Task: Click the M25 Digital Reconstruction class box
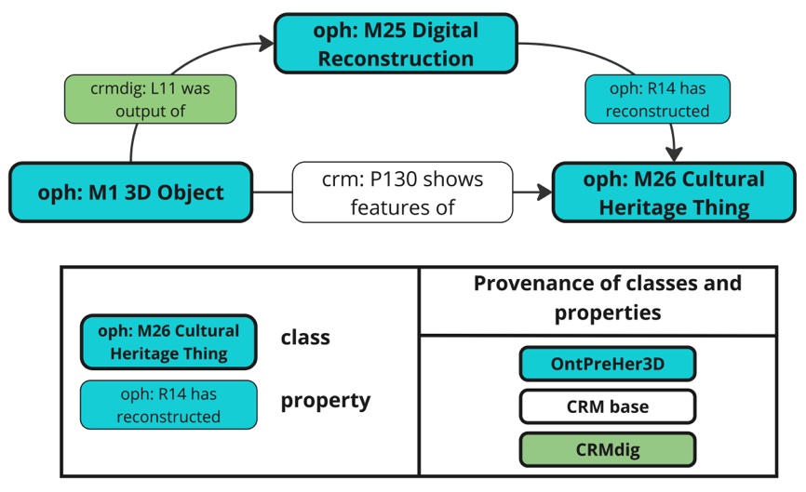(396, 44)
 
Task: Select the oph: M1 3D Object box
(130, 193)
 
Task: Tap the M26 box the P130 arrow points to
(674, 193)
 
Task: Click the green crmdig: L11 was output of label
(150, 100)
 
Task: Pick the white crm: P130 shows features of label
(402, 193)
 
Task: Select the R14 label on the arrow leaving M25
(657, 100)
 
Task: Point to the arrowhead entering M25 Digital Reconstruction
(267, 43)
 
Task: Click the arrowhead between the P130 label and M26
(544, 193)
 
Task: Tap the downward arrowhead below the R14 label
(674, 154)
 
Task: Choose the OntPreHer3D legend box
(608, 364)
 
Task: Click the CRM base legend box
(608, 406)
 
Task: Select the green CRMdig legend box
(608, 450)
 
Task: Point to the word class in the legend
(305, 338)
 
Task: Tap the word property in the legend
(326, 401)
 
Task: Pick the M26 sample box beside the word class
(168, 342)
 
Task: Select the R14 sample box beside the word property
(168, 405)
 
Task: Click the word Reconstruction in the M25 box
(396, 59)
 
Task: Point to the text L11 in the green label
(165, 88)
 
